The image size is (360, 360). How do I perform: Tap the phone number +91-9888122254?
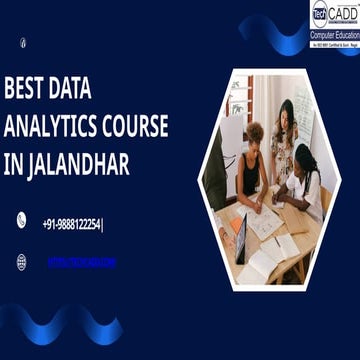pos(72,224)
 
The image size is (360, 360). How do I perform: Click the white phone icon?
pos(21,221)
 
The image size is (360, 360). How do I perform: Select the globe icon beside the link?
pos(21,262)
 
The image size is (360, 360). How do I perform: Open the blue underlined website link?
pos(82,262)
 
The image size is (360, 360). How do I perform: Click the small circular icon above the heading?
pos(23,42)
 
